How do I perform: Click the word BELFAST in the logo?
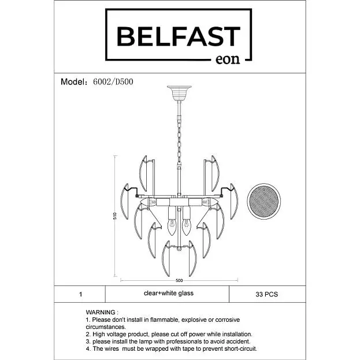pyautogui.click(x=179, y=36)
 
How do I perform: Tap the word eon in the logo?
pyautogui.click(x=228, y=60)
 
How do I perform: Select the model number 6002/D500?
pyautogui.click(x=113, y=81)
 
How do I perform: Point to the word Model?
pyautogui.click(x=72, y=81)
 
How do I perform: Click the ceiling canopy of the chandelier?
pyautogui.click(x=179, y=93)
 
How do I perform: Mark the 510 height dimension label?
pyautogui.click(x=115, y=216)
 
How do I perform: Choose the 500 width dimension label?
pyautogui.click(x=179, y=280)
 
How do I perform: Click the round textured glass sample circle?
pyautogui.click(x=264, y=201)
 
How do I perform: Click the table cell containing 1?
pyautogui.click(x=80, y=294)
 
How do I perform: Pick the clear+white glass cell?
pyautogui.click(x=167, y=294)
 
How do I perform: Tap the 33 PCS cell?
pyautogui.click(x=267, y=294)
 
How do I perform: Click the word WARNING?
pyautogui.click(x=101, y=312)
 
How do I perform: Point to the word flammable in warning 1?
pyautogui.click(x=165, y=320)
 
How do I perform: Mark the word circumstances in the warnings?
pyautogui.click(x=106, y=327)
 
